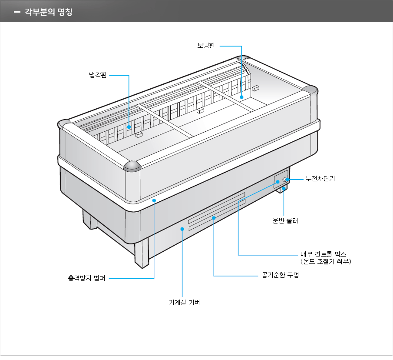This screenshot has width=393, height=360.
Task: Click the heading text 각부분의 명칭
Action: click(x=49, y=12)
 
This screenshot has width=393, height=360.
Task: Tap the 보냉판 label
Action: click(x=206, y=46)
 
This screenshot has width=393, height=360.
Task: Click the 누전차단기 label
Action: click(x=320, y=179)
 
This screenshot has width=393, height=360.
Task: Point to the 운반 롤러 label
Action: click(x=285, y=220)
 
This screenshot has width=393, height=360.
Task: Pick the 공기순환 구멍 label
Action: click(x=280, y=276)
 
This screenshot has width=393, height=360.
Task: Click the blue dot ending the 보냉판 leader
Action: click(x=241, y=98)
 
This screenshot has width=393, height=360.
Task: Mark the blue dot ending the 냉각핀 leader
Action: click(x=129, y=127)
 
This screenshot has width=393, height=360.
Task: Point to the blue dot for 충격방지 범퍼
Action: click(x=154, y=200)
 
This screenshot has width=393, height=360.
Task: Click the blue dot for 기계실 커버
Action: click(x=182, y=228)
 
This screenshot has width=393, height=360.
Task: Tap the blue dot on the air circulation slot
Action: click(x=214, y=217)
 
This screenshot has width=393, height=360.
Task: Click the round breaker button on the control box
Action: click(x=285, y=179)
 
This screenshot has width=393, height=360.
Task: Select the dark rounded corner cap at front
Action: click(x=132, y=166)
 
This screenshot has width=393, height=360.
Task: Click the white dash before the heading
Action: click(x=17, y=12)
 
